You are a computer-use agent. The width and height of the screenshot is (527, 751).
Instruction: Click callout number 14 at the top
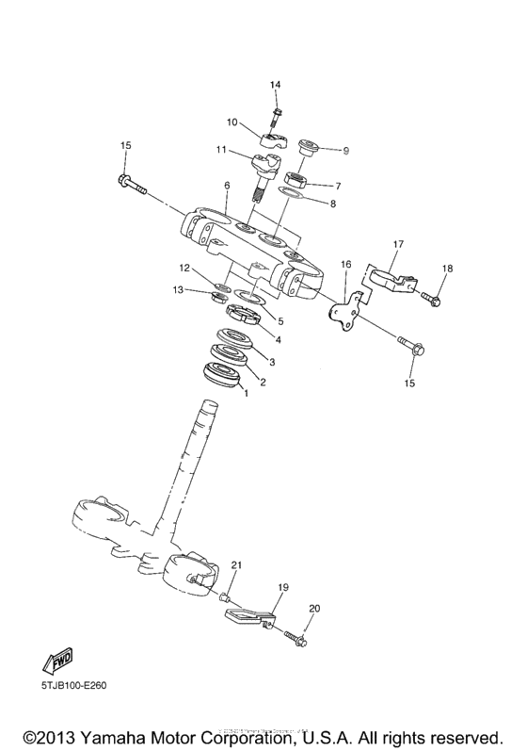276,86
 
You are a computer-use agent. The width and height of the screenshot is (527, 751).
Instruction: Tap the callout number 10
232,122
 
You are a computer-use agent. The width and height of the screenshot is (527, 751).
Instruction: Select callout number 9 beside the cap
345,150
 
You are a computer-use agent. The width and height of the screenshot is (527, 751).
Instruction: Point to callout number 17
398,245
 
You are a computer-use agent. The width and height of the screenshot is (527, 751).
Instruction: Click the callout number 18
447,269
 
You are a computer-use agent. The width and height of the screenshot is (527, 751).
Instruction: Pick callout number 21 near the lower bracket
236,565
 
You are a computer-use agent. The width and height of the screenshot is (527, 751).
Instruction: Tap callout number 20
314,609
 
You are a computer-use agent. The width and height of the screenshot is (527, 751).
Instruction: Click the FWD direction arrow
57,658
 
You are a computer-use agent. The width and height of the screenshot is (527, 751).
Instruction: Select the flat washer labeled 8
293,193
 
